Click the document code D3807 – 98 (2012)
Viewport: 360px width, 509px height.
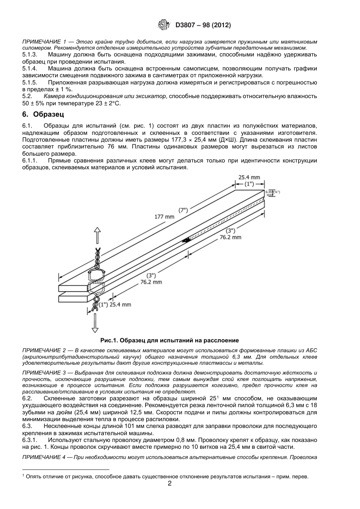(x=203, y=25)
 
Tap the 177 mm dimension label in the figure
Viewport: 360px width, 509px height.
(x=164, y=217)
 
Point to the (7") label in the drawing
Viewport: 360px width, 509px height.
(x=183, y=210)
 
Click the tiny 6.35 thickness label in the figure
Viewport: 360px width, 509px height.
(x=269, y=192)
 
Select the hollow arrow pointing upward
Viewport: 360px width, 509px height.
(x=97, y=236)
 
